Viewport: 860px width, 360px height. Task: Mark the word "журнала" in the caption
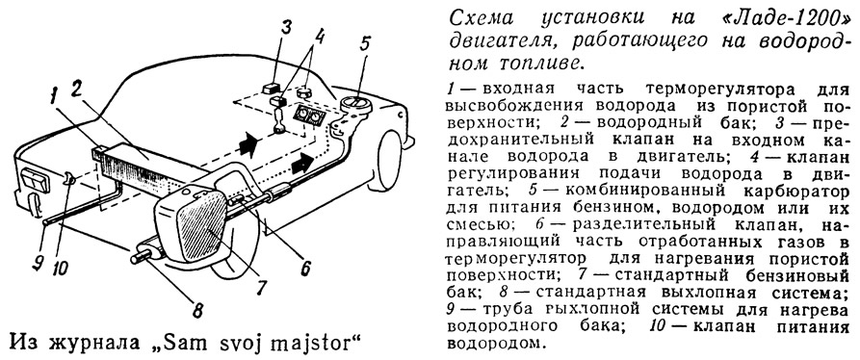93,342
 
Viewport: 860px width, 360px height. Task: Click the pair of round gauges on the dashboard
306,115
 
